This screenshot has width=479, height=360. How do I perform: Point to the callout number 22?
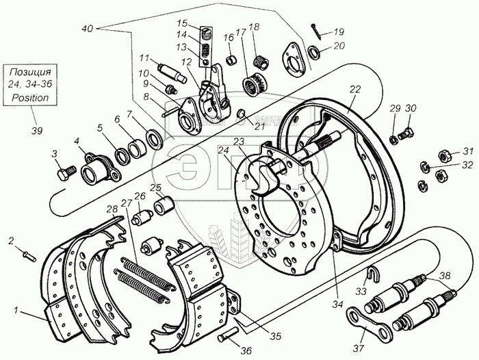354,90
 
